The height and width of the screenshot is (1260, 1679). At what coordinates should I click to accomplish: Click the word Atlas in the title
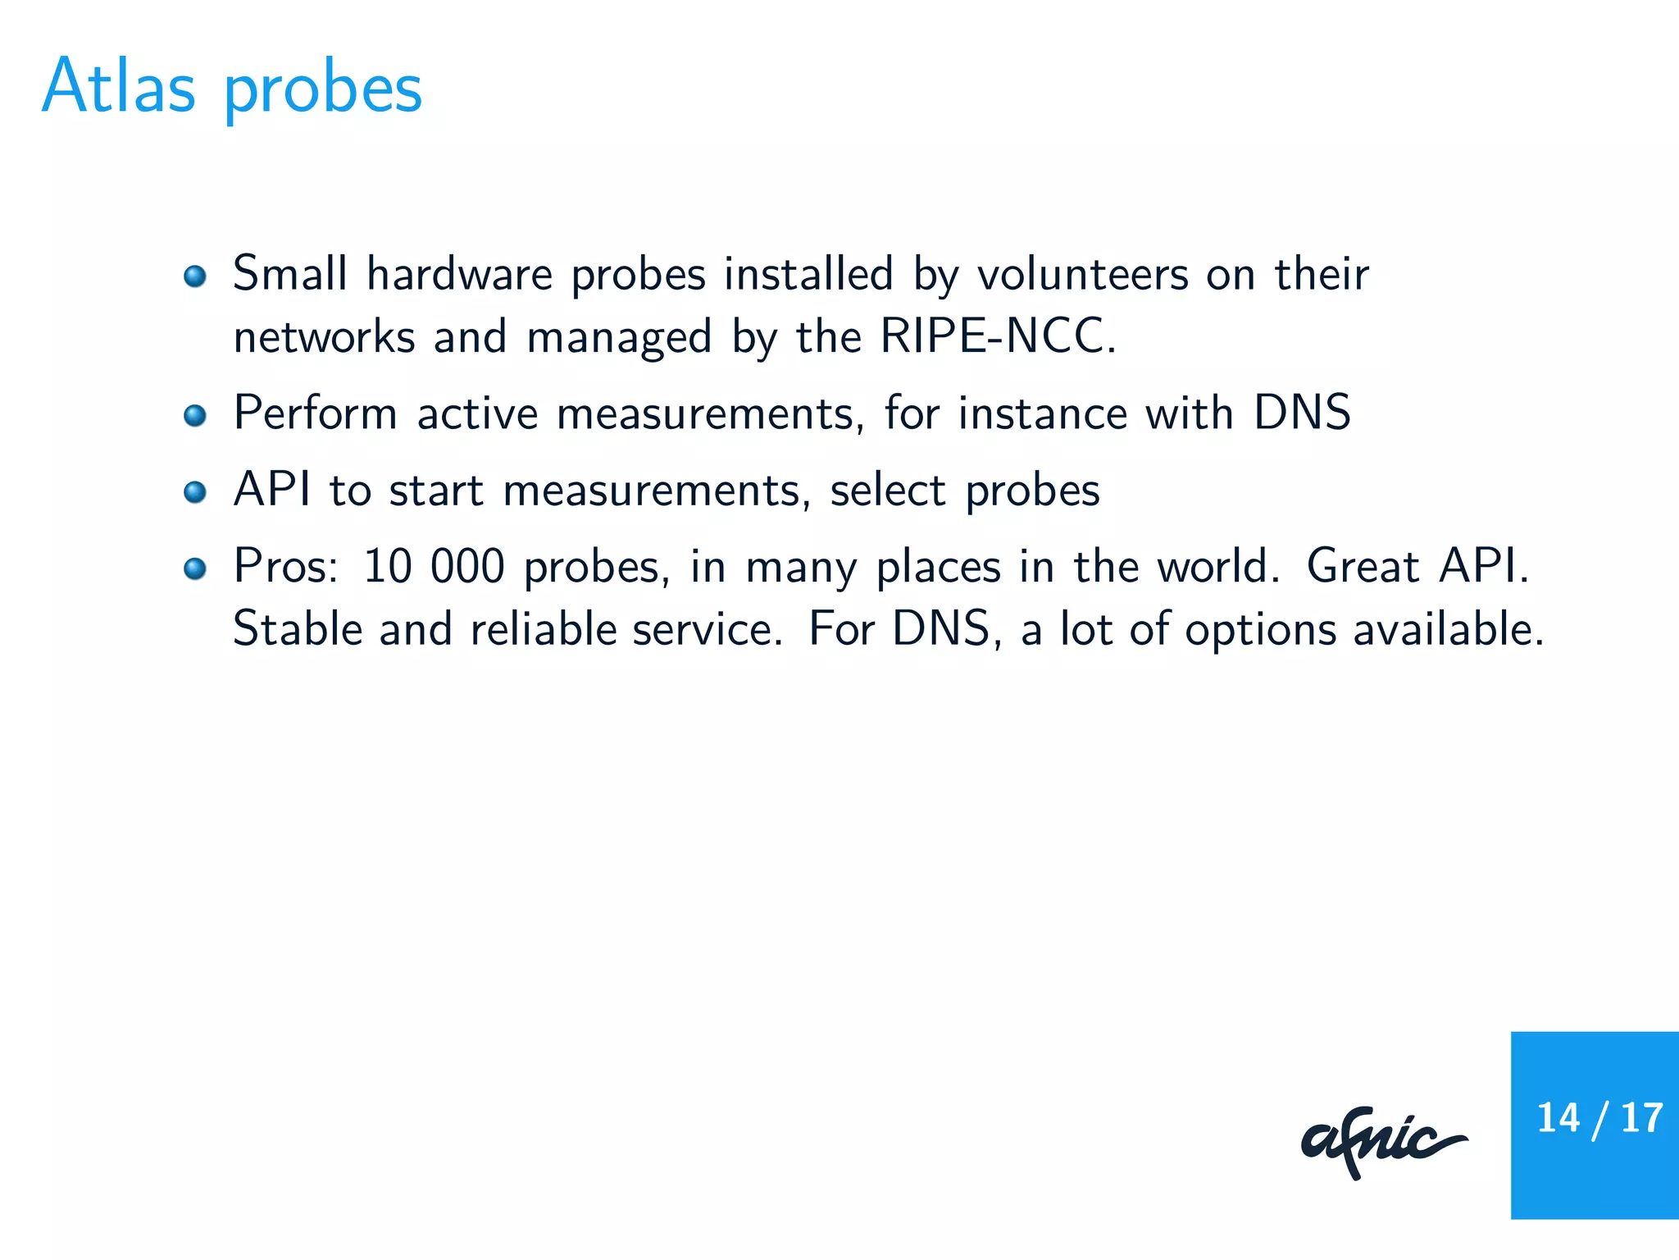tap(119, 86)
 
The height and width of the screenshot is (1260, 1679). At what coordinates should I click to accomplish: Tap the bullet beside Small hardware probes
tap(195, 276)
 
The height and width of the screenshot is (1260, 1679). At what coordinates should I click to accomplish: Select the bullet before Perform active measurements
tap(195, 415)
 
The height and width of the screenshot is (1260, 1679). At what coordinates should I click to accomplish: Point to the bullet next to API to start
tap(195, 492)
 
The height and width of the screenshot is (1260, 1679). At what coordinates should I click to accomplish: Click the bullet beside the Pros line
tap(195, 568)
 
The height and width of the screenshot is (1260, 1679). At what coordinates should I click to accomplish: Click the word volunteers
tap(1082, 274)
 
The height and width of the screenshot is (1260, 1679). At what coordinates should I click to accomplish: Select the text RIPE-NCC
tap(997, 336)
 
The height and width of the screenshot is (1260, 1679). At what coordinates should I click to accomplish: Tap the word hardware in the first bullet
tap(459, 274)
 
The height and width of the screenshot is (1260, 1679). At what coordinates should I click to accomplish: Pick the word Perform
tap(316, 413)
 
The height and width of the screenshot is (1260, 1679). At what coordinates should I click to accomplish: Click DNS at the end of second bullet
tap(1301, 413)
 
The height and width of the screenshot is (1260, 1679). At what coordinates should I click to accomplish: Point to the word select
tap(888, 491)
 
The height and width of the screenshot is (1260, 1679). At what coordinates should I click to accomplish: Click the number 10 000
tap(433, 567)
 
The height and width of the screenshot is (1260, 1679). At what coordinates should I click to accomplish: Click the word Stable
tap(297, 629)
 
